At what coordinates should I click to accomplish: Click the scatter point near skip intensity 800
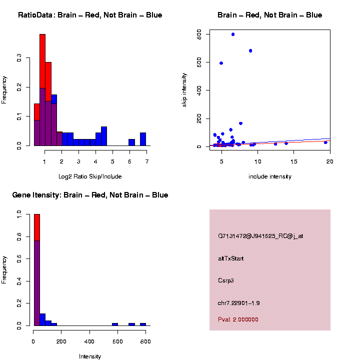(x=233, y=34)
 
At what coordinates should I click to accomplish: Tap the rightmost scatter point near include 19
(x=325, y=142)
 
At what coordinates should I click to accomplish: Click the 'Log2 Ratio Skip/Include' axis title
(x=91, y=176)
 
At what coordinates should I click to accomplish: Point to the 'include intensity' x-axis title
(x=269, y=176)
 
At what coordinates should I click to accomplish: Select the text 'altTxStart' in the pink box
(x=230, y=258)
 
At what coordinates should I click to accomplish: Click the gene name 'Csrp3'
(x=225, y=280)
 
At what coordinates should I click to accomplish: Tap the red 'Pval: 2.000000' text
(x=238, y=319)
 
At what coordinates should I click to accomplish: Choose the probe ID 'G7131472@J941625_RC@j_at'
(x=260, y=236)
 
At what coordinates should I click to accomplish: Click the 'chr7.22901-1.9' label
(x=238, y=303)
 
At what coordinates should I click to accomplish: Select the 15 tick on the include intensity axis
(x=293, y=161)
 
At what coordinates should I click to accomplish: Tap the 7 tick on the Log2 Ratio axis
(x=147, y=161)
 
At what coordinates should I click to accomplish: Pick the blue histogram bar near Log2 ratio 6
(x=131, y=142)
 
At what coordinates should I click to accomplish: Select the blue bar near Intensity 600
(x=115, y=324)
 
